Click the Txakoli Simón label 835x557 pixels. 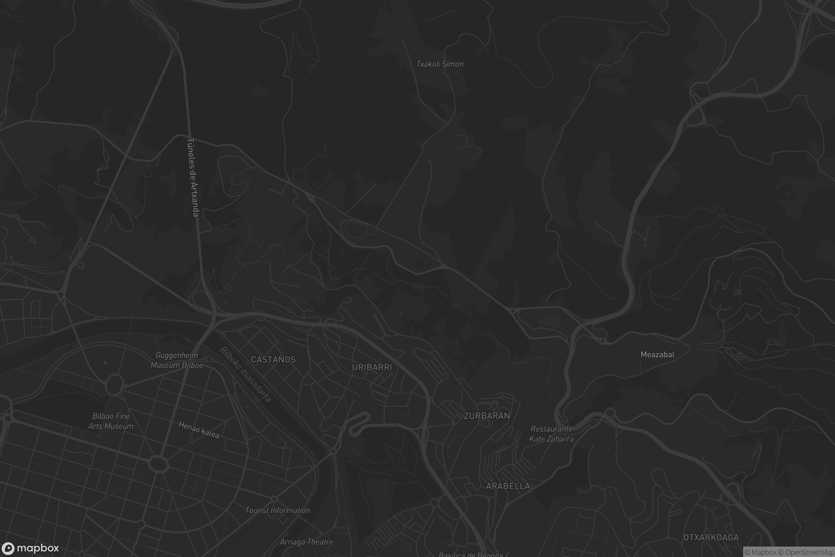[439, 64]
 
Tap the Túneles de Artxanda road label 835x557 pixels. [193, 177]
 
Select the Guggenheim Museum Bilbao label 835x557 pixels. [177, 360]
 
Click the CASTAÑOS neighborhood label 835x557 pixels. [273, 360]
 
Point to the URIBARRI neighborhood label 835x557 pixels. [372, 367]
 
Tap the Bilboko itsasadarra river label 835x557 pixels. [245, 375]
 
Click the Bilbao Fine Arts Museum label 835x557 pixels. [111, 421]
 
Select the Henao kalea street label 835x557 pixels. [199, 430]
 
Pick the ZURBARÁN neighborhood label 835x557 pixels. [487, 416]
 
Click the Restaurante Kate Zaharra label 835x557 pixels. [551, 434]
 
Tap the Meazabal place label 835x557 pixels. [657, 354]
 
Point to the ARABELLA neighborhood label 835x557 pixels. [508, 486]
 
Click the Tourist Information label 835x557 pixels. [278, 510]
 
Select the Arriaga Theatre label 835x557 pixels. [307, 542]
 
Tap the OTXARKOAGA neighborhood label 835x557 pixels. [711, 538]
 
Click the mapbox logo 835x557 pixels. [30, 548]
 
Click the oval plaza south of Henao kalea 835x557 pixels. [158, 463]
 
